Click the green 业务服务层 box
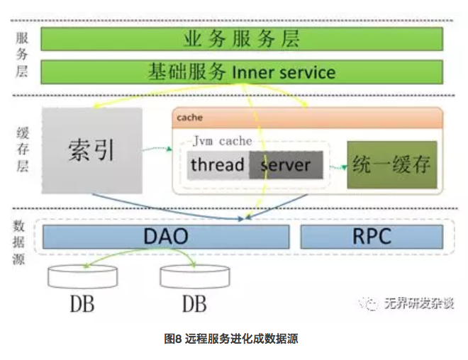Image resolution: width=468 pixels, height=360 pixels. click(242, 39)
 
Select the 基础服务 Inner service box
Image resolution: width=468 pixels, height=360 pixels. click(242, 72)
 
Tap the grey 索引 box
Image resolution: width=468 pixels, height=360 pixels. click(92, 151)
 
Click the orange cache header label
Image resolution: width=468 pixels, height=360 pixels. click(190, 118)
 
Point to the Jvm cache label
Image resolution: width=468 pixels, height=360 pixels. click(223, 141)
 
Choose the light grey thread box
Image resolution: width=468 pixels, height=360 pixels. click(218, 165)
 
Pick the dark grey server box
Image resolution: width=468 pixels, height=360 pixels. click(286, 165)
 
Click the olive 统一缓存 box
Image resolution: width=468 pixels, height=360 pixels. click(392, 164)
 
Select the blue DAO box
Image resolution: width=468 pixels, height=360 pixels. click(166, 237)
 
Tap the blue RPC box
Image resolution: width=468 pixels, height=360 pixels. click(372, 237)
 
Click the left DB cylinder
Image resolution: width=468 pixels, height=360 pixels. click(83, 276)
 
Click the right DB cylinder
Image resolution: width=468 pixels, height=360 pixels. click(195, 276)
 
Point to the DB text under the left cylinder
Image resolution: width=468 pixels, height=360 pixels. click(82, 304)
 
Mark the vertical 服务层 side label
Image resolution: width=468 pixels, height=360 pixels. click(22, 55)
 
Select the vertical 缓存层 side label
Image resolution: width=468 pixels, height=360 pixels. click(23, 149)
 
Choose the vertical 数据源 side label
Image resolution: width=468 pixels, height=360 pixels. click(18, 242)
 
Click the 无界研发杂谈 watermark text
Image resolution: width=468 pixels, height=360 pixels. click(419, 303)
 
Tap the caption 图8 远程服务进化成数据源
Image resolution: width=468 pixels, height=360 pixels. click(231, 339)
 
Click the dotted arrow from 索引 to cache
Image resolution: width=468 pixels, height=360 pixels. click(157, 148)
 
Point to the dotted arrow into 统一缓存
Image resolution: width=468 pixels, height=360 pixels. click(338, 167)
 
